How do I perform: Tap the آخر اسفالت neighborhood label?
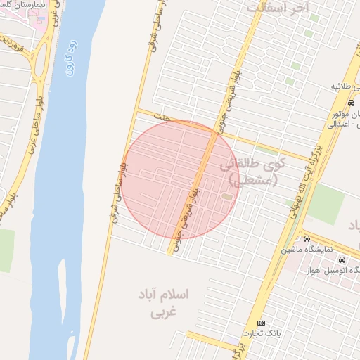pyautogui.click(x=278, y=8)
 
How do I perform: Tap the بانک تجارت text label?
pyautogui.click(x=262, y=333)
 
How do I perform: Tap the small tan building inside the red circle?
pyautogui.click(x=226, y=195)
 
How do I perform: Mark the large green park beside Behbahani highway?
pyautogui.click(x=326, y=204)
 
